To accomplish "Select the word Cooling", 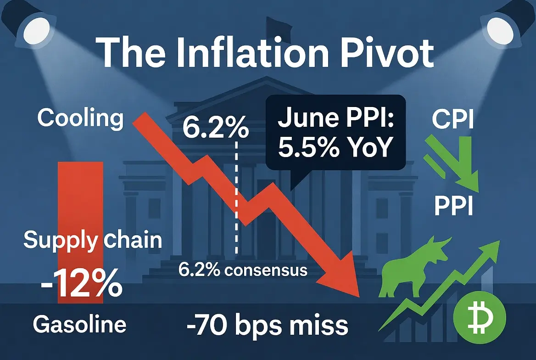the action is [80, 118].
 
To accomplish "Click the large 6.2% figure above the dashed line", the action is [216, 127].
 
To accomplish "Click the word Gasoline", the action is [79, 324].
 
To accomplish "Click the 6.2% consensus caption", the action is [243, 270].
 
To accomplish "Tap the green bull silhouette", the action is [414, 267].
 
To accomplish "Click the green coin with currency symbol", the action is [479, 317].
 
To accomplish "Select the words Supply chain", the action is [93, 241].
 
